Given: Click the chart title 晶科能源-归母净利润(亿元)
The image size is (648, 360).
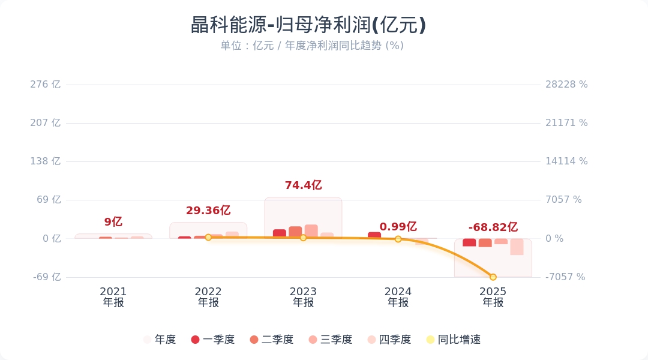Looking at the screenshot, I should pos(308,25).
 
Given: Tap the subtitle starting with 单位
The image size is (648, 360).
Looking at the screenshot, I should pos(312,46).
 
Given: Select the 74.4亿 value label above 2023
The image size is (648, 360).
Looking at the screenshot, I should pos(303,185).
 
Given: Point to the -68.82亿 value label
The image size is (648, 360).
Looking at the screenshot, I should pos(493,227).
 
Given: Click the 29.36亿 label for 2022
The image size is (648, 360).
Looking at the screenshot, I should pos(208,211).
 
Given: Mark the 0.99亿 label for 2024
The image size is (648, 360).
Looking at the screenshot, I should pos(398,227).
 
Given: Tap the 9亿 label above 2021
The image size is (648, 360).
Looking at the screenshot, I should pos(113,222).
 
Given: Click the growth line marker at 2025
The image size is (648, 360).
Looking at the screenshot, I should pos(493,277).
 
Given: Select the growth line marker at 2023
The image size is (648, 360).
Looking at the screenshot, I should pos(303,238).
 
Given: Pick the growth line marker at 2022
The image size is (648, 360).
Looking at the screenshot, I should pos(208,238).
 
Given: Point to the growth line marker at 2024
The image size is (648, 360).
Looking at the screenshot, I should pos(398,239).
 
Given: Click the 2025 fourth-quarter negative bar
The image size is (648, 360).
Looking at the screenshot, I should pos(517,247).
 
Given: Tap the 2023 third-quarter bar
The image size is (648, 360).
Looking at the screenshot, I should pos(311,231).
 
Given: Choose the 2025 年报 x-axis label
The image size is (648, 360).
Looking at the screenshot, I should pos(493,297).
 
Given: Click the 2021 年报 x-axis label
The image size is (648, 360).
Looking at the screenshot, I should pos(113,297).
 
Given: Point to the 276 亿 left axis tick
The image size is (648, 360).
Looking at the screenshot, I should pos(46,85).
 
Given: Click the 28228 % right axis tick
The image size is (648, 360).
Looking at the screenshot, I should pos(566,85).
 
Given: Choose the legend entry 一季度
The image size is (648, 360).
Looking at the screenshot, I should pos(213,340).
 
